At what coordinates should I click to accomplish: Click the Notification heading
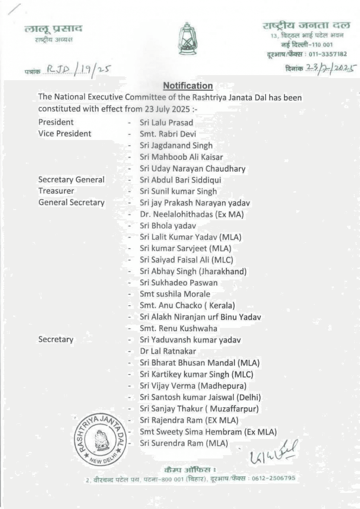tap(188, 86)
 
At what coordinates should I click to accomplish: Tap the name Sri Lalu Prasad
tap(166, 123)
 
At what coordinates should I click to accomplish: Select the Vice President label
tap(65, 134)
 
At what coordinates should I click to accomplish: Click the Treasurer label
tap(56, 191)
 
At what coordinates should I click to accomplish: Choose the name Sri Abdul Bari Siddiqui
tap(180, 180)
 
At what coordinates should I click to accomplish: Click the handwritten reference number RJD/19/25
tap(76, 68)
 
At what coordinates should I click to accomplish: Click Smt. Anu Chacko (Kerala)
tap(188, 305)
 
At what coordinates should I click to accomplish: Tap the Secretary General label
tap(71, 180)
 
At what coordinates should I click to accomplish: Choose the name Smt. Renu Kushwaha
tap(178, 328)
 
